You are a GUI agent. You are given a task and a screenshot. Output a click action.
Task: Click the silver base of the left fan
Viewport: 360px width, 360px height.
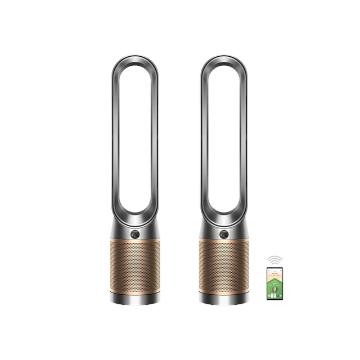pos(134,299)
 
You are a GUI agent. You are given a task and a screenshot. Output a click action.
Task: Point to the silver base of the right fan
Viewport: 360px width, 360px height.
pos(223,299)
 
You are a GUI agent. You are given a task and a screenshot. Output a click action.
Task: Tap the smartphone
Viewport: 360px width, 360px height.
pos(274,283)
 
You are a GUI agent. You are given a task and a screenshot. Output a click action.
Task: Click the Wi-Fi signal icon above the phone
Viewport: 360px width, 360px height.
pos(274,260)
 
